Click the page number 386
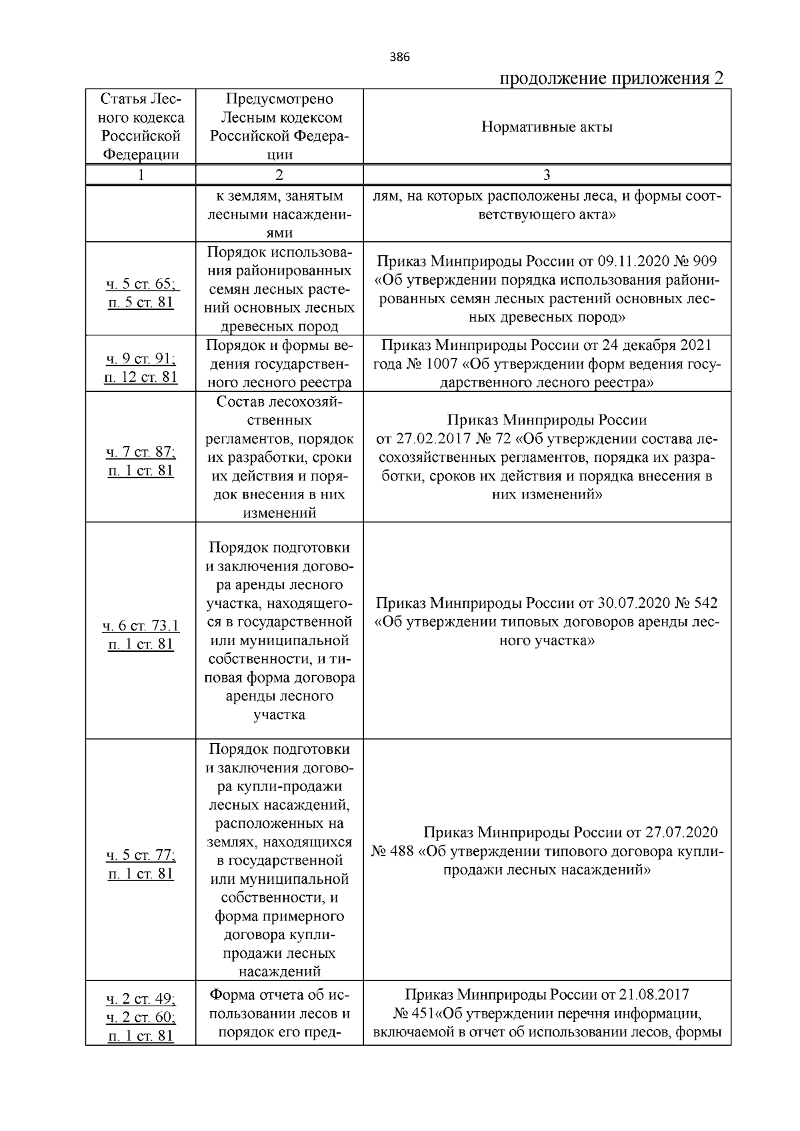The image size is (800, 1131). (x=400, y=57)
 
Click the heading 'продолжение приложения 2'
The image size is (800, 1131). (x=611, y=79)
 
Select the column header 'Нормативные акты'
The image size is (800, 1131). (x=547, y=127)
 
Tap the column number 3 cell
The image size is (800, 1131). (x=547, y=175)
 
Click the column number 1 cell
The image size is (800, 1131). (x=141, y=175)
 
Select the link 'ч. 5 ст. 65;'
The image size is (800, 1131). (x=141, y=284)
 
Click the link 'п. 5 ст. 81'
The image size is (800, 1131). (x=141, y=303)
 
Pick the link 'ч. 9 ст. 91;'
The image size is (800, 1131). (x=141, y=359)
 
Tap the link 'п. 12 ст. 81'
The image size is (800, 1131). (x=141, y=377)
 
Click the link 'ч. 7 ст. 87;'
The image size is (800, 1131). (x=141, y=452)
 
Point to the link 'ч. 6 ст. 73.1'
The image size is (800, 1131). (x=141, y=626)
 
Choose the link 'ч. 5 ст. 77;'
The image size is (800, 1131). (x=141, y=855)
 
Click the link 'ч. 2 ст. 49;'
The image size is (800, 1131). (x=141, y=999)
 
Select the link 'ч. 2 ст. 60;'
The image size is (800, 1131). (x=141, y=1018)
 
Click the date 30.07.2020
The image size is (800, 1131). (x=633, y=603)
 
